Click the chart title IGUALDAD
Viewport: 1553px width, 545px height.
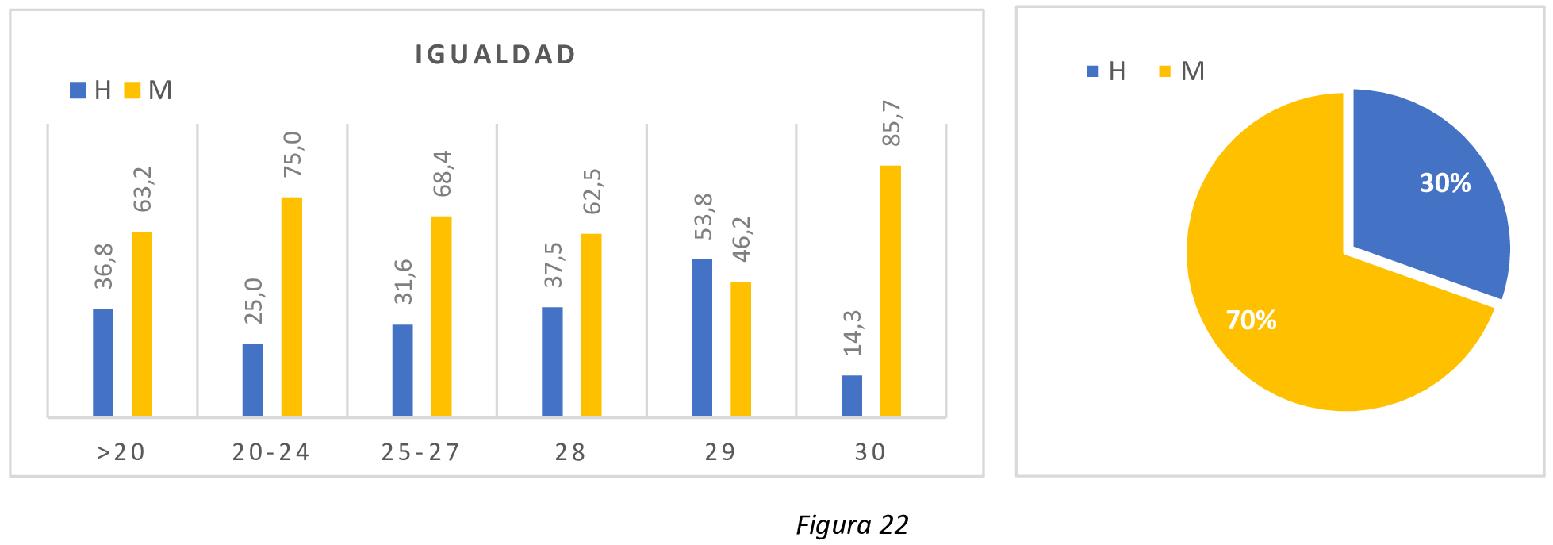(496, 55)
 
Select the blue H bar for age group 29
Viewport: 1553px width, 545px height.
(702, 338)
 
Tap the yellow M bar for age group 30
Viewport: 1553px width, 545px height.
(891, 291)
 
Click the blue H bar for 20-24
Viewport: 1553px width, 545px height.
(253, 381)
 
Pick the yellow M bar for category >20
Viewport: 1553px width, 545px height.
(142, 324)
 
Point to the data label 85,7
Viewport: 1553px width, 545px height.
(892, 123)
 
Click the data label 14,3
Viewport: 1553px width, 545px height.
(853, 332)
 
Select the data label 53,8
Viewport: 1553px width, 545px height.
(704, 217)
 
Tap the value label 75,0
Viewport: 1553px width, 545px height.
(293, 154)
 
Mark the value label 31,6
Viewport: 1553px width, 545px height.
(403, 282)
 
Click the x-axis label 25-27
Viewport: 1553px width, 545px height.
(420, 452)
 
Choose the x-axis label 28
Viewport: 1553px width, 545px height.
(570, 452)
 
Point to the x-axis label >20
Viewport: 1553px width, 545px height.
(121, 452)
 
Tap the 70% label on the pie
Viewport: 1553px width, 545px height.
(1251, 320)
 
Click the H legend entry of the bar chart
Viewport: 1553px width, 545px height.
(91, 90)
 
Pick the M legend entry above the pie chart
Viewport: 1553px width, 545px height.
(1182, 71)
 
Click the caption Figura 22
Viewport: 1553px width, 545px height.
(852, 525)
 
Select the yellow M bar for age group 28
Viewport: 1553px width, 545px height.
(591, 325)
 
